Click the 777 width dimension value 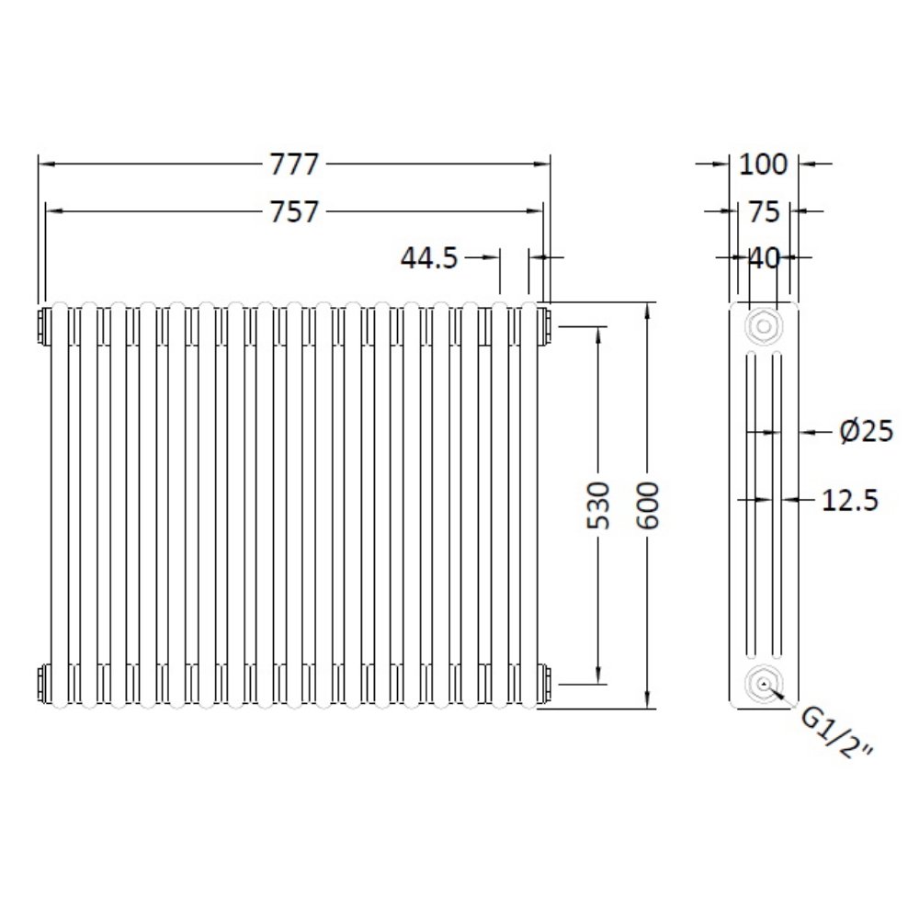[293, 165]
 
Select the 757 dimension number [293, 212]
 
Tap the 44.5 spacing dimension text [428, 258]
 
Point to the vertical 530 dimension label [598, 505]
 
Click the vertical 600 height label [649, 505]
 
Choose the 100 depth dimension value [764, 165]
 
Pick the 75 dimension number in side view [765, 212]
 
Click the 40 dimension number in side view [764, 258]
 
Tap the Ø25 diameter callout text [867, 430]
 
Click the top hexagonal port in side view [762, 325]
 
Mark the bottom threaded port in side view [762, 683]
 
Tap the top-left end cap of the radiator [44, 324]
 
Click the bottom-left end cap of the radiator [44, 682]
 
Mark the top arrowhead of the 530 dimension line [598, 332]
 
